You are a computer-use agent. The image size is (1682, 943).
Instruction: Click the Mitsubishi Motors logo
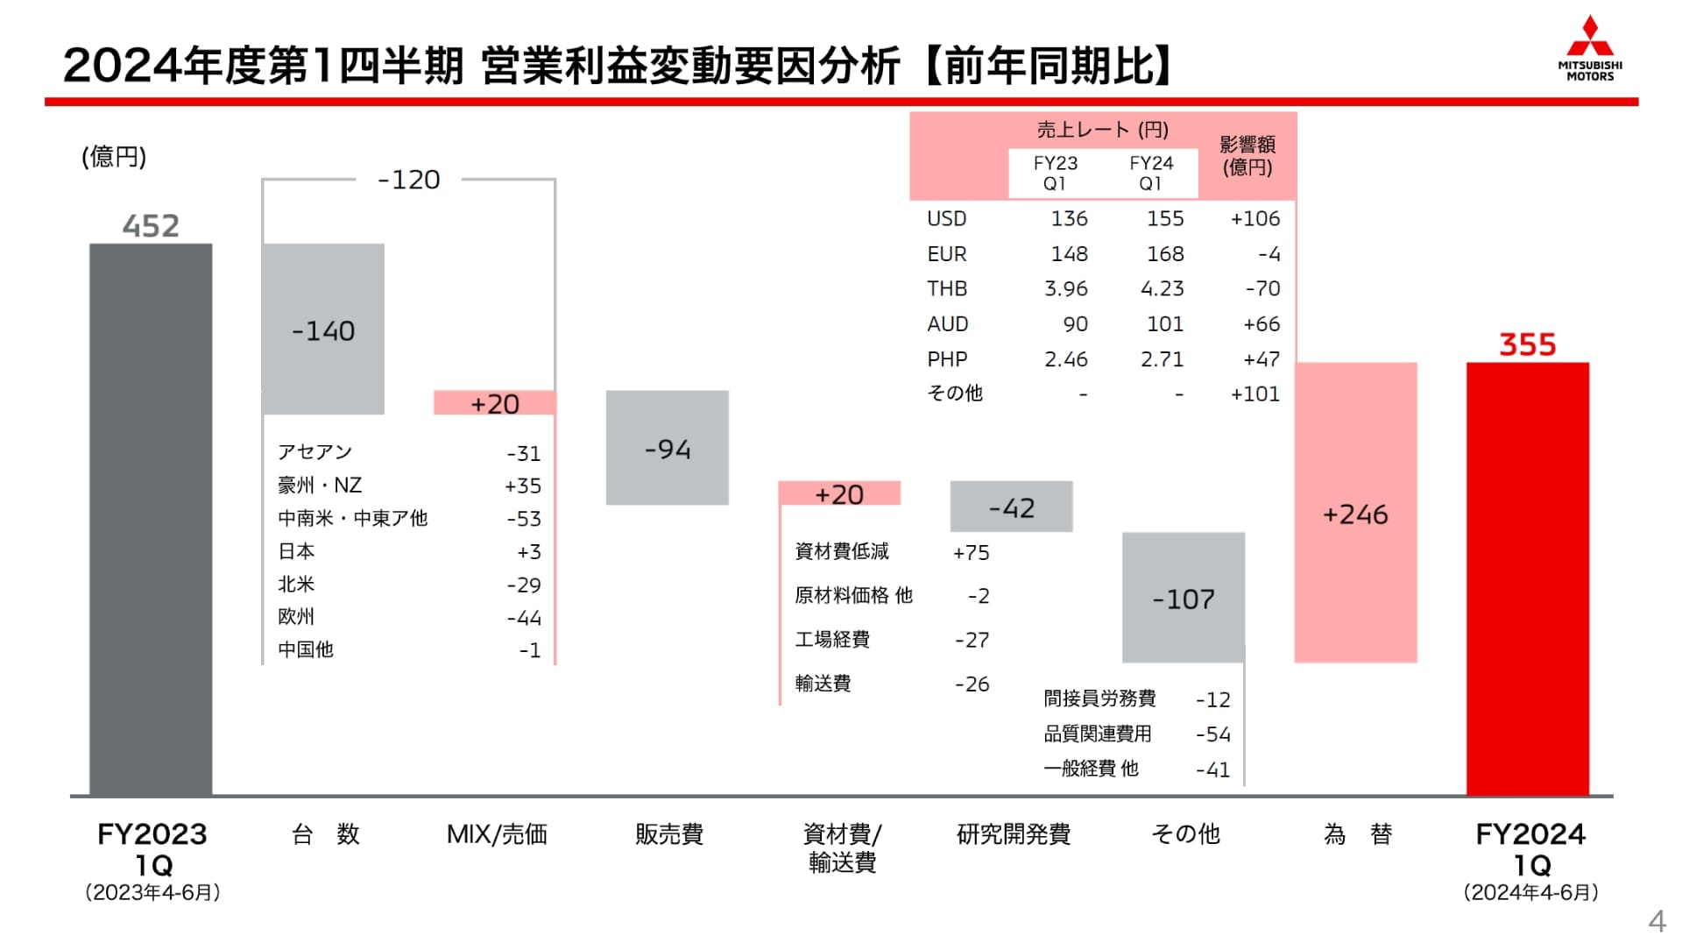pyautogui.click(x=1589, y=49)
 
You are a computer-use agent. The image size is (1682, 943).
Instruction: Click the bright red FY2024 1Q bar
pyautogui.click(x=1527, y=578)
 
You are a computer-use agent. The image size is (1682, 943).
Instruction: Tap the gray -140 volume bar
pyautogui.click(x=323, y=329)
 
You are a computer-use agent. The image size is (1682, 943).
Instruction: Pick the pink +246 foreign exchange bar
pyautogui.click(x=1355, y=513)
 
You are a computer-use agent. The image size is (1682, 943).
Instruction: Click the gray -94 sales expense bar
pyautogui.click(x=667, y=448)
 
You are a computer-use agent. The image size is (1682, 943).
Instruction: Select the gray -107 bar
pyautogui.click(x=1183, y=598)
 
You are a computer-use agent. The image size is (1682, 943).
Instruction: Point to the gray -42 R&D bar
pyautogui.click(x=1011, y=507)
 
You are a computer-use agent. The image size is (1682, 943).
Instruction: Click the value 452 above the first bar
pyautogui.click(x=151, y=226)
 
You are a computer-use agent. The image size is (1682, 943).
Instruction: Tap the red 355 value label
pyautogui.click(x=1527, y=344)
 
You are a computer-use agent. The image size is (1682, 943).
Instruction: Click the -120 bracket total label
pyautogui.click(x=408, y=180)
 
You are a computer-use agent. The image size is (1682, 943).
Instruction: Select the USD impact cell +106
pyautogui.click(x=1254, y=218)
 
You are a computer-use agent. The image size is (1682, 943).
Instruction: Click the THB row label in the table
pyautogui.click(x=947, y=288)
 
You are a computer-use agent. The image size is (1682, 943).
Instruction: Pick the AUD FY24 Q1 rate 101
pyautogui.click(x=1164, y=324)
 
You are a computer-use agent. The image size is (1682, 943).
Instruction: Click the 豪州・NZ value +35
pyautogui.click(x=523, y=486)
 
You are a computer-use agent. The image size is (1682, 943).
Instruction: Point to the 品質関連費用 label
pyautogui.click(x=1097, y=734)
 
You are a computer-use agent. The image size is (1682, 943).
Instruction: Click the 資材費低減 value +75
pyautogui.click(x=971, y=552)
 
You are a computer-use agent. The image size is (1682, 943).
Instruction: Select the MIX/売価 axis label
pyautogui.click(x=497, y=834)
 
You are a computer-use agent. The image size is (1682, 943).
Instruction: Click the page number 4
pyautogui.click(x=1656, y=921)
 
